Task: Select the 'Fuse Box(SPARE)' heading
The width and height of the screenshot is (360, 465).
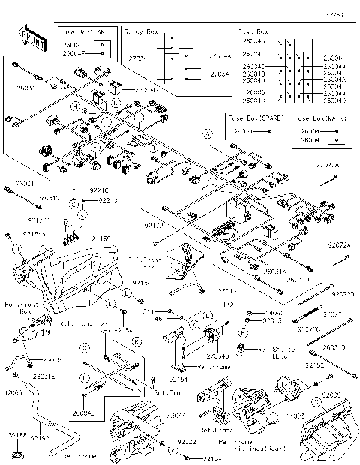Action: pyautogui.click(x=255, y=118)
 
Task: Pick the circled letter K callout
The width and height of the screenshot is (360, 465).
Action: pyautogui.click(x=136, y=342)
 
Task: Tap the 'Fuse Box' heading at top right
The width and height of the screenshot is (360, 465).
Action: pyautogui.click(x=252, y=33)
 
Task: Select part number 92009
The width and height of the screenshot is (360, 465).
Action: pyautogui.click(x=331, y=393)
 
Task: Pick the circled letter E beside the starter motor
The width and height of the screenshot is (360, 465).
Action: pyautogui.click(x=244, y=331)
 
